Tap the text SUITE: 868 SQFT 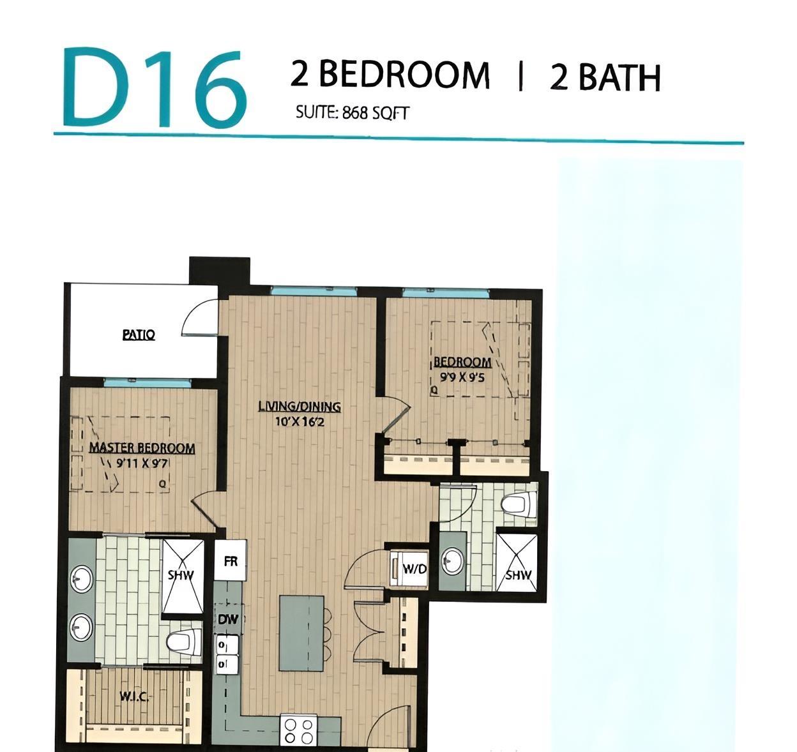[352, 113]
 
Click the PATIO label [139, 334]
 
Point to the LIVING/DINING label [300, 406]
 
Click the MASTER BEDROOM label [142, 447]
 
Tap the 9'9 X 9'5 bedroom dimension [463, 377]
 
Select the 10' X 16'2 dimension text [296, 421]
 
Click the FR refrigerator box [230, 561]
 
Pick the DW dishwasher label [228, 619]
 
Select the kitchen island [302, 633]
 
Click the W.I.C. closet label [135, 697]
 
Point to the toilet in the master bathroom [185, 642]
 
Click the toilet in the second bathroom [518, 504]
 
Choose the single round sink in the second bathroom [453, 561]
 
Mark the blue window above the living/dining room [313, 291]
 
